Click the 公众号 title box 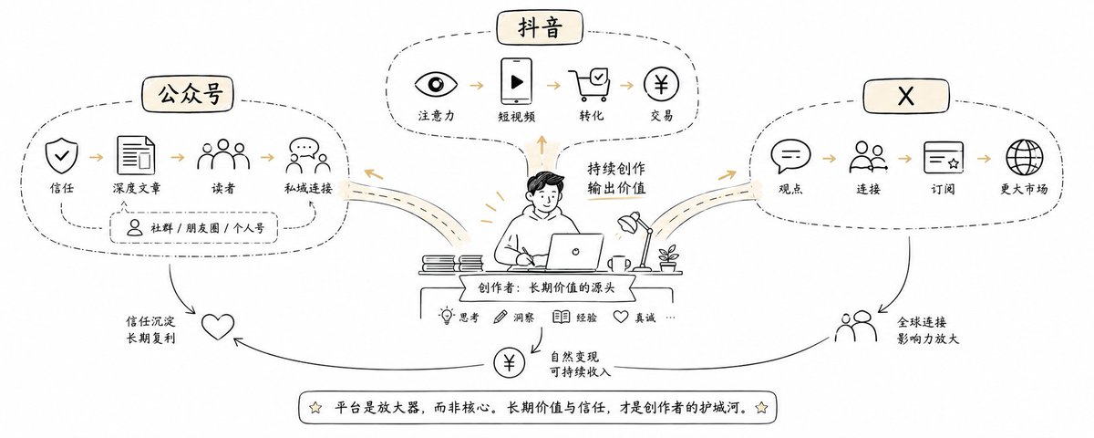[x=188, y=94]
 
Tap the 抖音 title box [x=540, y=27]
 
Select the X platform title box [x=906, y=96]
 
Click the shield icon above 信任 [x=62, y=156]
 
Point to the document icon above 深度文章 [x=136, y=155]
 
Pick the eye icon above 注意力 [x=436, y=84]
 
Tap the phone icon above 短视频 [x=516, y=81]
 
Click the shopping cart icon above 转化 [x=590, y=85]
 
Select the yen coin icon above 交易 [x=661, y=85]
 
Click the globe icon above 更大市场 [x=1024, y=157]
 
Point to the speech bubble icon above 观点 [x=790, y=156]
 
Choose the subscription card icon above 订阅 [x=943, y=157]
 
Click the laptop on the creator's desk [x=574, y=251]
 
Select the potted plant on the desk [x=667, y=258]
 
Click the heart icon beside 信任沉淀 [x=218, y=326]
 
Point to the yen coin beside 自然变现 [x=509, y=363]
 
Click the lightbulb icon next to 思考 [x=446, y=317]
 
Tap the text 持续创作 [x=616, y=169]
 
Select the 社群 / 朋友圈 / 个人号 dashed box [x=193, y=227]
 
